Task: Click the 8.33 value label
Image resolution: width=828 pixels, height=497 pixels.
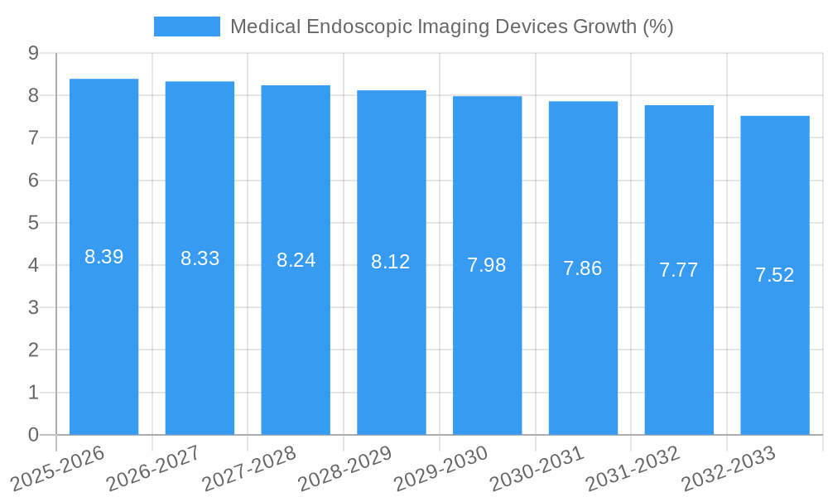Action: [x=200, y=258]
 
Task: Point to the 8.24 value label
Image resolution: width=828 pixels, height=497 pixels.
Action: [x=296, y=260]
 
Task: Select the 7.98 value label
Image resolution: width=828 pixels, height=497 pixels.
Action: [x=487, y=265]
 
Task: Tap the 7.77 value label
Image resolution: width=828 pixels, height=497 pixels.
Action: [x=679, y=270]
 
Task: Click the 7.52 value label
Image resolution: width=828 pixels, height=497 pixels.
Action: [x=775, y=275]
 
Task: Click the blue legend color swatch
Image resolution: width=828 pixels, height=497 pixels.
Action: [x=187, y=27]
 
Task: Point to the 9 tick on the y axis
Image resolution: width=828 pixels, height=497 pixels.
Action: [x=33, y=53]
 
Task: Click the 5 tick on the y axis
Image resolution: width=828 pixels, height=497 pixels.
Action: [x=33, y=223]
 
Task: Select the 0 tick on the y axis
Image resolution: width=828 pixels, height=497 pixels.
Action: [x=33, y=435]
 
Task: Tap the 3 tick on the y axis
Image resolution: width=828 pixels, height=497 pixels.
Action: [x=33, y=307]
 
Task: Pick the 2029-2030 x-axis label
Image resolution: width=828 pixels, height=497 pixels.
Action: [x=440, y=468]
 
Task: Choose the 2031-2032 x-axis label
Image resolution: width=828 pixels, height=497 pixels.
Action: [x=633, y=468]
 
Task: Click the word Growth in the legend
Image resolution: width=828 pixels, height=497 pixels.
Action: [x=604, y=27]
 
